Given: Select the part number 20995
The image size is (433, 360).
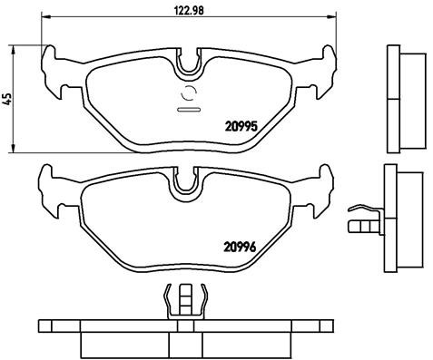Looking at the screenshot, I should pyautogui.click(x=241, y=127).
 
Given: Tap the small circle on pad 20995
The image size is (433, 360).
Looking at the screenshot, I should pyautogui.click(x=190, y=92).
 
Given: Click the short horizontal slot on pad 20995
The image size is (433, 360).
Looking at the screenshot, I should pyautogui.click(x=190, y=109).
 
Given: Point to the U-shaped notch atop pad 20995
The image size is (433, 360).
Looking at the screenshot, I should pyautogui.click(x=190, y=64).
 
